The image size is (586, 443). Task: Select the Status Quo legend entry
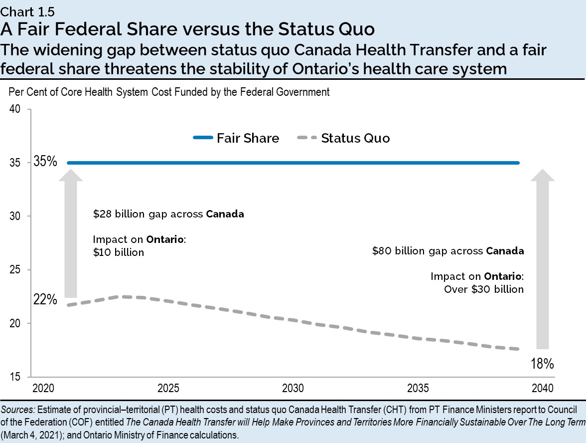pos(343,138)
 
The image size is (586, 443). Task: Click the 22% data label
pos(45,300)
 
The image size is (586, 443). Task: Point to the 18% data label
pos(542,364)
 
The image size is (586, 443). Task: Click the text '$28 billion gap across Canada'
pos(168,215)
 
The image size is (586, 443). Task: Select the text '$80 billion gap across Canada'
pos(448,251)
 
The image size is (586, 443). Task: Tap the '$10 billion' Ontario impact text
pos(119,252)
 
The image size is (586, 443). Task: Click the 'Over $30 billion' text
pos(484,289)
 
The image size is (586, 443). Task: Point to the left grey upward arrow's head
pos(71,175)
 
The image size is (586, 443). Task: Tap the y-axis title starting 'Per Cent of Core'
pos(169,92)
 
